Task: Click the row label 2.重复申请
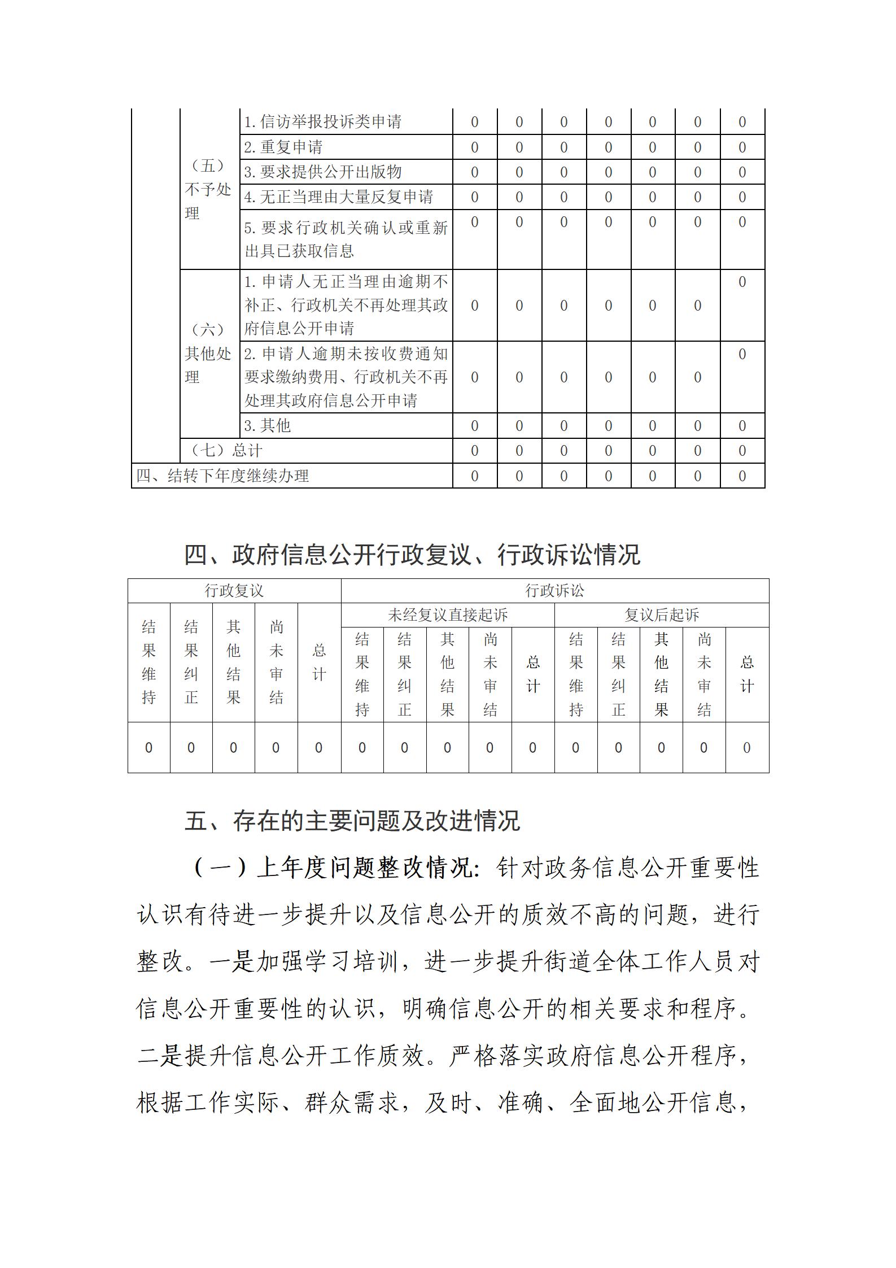pyautogui.click(x=283, y=147)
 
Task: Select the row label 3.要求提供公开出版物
pyautogui.click(x=323, y=172)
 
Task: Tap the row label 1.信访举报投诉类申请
pyautogui.click(x=323, y=122)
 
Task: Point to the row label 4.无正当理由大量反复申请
pyautogui.click(x=339, y=197)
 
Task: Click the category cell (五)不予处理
pyautogui.click(x=208, y=189)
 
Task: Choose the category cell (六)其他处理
pyautogui.click(x=208, y=353)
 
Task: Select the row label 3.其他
pyautogui.click(x=268, y=426)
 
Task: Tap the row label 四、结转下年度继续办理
pyautogui.click(x=222, y=476)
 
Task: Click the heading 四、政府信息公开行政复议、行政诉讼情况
pyautogui.click(x=412, y=555)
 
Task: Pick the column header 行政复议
pyautogui.click(x=234, y=591)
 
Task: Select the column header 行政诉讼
pyautogui.click(x=554, y=591)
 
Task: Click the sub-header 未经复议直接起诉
pyautogui.click(x=448, y=615)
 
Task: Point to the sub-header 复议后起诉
pyautogui.click(x=661, y=615)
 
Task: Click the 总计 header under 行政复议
pyautogui.click(x=319, y=662)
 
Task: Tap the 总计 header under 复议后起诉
pyautogui.click(x=747, y=674)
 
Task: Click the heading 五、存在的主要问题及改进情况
pyautogui.click(x=352, y=821)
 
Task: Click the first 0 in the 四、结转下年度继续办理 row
pyautogui.click(x=474, y=476)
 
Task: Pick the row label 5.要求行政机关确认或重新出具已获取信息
pyautogui.click(x=346, y=239)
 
